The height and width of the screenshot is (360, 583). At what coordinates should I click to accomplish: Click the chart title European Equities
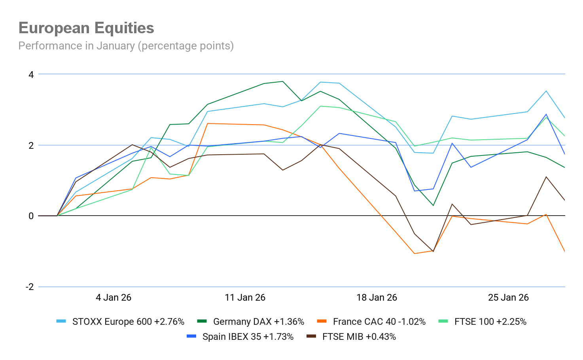coord(86,28)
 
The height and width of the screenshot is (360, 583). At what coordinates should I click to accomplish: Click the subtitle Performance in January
coord(126,46)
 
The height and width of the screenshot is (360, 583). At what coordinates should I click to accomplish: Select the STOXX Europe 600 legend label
coord(128,322)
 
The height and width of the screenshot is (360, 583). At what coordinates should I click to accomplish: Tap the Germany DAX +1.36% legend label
coord(258,322)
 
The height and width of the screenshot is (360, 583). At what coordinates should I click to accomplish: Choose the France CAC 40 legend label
coord(379,322)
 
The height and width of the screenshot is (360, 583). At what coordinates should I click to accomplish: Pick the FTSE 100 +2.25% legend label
coord(490,322)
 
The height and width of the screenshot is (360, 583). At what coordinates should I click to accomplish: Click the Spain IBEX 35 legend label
coord(248,337)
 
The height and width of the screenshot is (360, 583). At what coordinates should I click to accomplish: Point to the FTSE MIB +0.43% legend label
coord(359,337)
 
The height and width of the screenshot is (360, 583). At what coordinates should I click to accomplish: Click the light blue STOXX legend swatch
coord(61,321)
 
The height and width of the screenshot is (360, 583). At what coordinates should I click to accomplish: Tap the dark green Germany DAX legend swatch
coord(202,321)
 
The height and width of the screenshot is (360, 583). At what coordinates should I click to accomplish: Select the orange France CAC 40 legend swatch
coord(322,321)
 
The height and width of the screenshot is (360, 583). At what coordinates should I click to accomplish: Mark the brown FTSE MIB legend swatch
coord(311,336)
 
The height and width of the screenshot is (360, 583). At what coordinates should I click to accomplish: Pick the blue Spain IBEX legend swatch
coord(191,336)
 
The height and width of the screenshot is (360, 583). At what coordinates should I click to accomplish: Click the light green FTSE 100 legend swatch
coord(443,321)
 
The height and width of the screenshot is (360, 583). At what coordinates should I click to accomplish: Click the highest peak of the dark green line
coord(282,81)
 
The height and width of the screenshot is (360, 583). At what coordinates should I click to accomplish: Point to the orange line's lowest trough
coord(415,254)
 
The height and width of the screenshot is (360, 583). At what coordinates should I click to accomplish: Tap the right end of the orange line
coord(564,251)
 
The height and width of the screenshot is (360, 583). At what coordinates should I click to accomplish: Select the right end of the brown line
coord(564,200)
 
